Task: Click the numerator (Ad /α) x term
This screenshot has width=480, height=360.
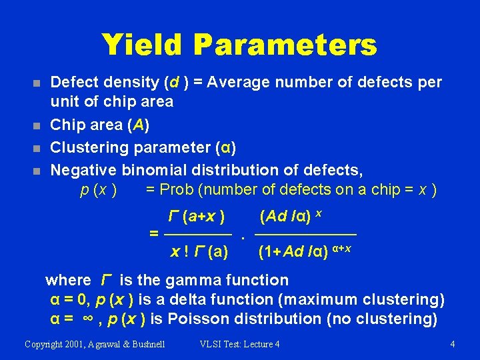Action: [293, 217]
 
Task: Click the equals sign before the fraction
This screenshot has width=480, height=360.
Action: [154, 234]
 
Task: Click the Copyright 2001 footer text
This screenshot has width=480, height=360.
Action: [95, 344]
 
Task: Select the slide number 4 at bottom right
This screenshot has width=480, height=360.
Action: [453, 344]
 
